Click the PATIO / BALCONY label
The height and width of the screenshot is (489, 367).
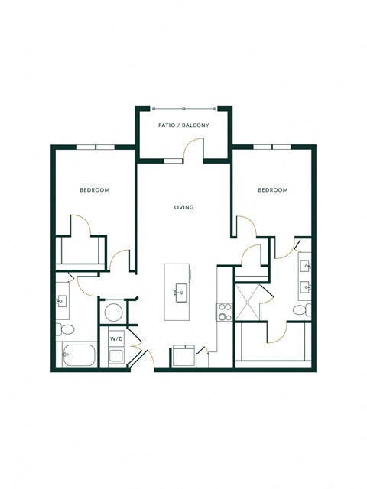pos(183,125)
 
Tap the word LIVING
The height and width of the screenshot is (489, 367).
pos(183,207)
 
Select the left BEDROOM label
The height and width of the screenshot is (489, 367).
pos(95,189)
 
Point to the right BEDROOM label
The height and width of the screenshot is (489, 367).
pos(272,189)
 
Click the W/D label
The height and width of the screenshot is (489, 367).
pos(116,337)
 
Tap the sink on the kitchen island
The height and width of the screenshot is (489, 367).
pos(181,292)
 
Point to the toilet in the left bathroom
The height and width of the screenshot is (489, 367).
pos(66,329)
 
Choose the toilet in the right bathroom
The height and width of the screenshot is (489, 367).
pos(307,309)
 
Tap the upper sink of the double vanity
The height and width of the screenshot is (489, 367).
pos(306,267)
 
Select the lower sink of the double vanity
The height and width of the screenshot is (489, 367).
pos(306,288)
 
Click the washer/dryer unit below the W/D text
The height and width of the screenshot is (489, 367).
pos(116,355)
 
